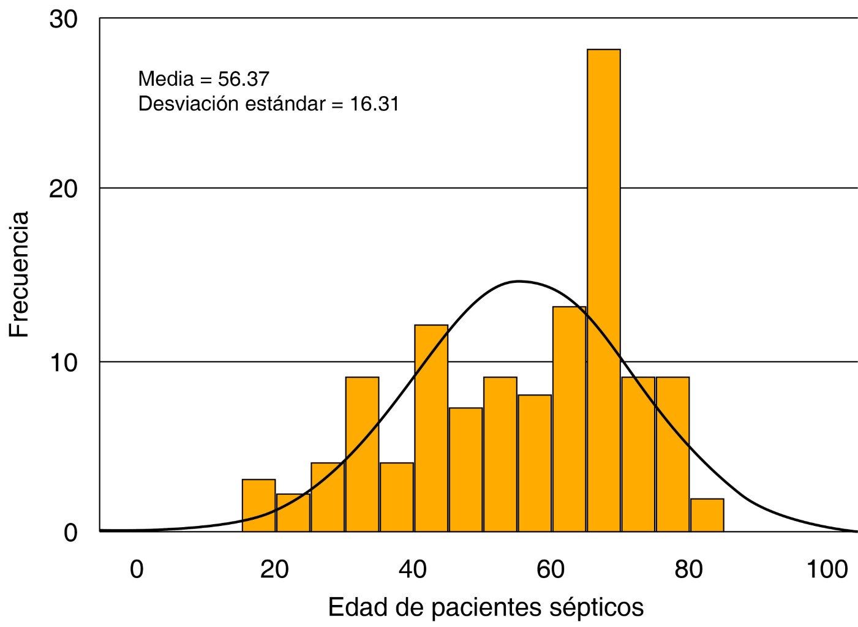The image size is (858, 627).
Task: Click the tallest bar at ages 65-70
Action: [x=603, y=288]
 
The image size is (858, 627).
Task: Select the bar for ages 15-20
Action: [x=258, y=505]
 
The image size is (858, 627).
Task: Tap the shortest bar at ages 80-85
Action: [x=707, y=515]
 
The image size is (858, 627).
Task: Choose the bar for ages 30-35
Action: [x=362, y=454]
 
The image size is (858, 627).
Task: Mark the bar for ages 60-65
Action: [x=569, y=419]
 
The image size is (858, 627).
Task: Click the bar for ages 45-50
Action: [x=465, y=469]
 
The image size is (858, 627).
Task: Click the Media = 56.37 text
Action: [x=203, y=79]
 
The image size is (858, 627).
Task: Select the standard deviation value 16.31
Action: [x=374, y=104]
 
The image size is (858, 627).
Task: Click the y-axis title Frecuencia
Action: [x=19, y=274]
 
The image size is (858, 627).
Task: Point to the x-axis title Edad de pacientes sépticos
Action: [x=486, y=607]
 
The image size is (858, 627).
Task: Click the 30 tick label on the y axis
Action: [x=63, y=20]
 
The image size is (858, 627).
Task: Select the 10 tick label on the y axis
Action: [x=63, y=362]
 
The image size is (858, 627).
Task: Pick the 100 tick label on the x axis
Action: [x=827, y=569]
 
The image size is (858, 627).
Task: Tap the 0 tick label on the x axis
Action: [x=137, y=569]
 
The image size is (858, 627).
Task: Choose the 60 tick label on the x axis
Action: [x=550, y=569]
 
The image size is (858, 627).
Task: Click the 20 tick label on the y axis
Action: [x=63, y=189]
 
